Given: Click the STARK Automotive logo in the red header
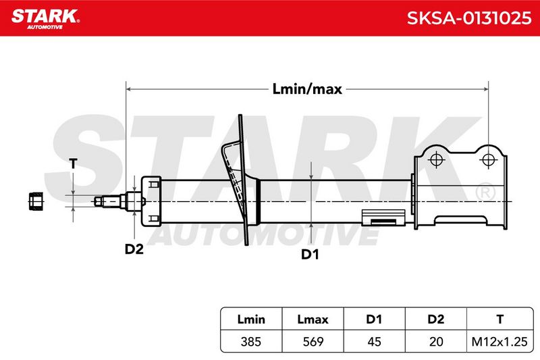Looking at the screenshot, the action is [x=45, y=19].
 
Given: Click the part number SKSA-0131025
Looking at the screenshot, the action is [x=469, y=18].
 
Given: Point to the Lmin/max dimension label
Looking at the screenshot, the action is [x=307, y=89].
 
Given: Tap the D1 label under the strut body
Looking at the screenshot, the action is [x=310, y=254].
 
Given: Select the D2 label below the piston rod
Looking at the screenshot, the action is [x=134, y=249].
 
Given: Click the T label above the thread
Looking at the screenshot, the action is [x=73, y=163].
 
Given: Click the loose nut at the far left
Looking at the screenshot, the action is [x=36, y=201].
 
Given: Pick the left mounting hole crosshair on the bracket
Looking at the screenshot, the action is [x=436, y=160].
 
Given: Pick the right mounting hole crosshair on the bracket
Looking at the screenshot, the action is [x=488, y=160].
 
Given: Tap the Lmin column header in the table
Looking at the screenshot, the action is [x=251, y=319].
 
